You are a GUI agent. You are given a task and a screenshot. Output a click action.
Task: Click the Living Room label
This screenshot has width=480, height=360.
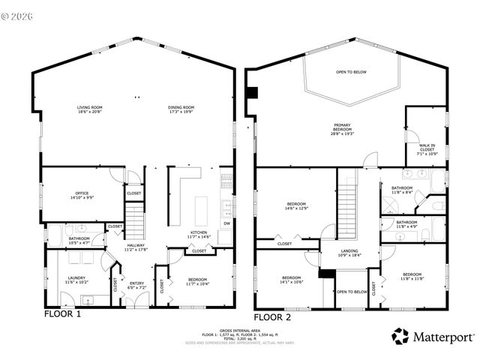click(90, 109)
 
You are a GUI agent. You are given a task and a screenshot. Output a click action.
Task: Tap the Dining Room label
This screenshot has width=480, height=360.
click(181, 109)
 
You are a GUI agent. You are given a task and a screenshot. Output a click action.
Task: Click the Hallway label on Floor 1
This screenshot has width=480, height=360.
click(135, 247)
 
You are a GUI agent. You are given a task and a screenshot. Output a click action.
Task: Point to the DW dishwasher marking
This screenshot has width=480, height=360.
click(226, 223)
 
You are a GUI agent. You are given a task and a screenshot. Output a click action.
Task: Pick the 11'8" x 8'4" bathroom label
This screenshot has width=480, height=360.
click(403, 190)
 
